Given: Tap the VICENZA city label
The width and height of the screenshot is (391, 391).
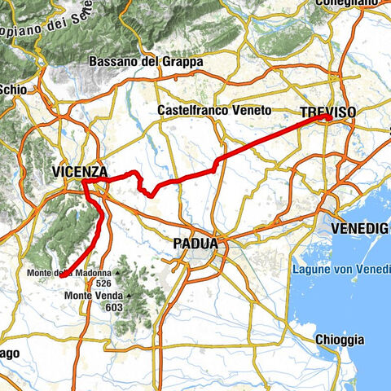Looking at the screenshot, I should pyautogui.click(x=79, y=172).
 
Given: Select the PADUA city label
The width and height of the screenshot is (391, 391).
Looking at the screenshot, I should pyautogui.click(x=195, y=243).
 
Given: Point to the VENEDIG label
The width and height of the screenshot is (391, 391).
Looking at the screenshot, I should pyautogui.click(x=359, y=230).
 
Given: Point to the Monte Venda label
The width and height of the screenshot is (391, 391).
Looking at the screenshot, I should pyautogui.click(x=91, y=295).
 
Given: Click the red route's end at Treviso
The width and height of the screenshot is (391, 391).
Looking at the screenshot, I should pyautogui.click(x=328, y=118).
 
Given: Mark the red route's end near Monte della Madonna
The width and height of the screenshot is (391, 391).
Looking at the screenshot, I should pyautogui.click(x=61, y=277).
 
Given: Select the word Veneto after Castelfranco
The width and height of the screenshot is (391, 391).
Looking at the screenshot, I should pyautogui.click(x=231, y=109).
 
